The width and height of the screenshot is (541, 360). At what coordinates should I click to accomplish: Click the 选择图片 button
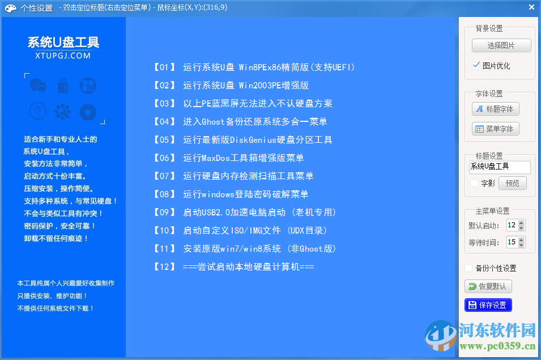tap(501, 45)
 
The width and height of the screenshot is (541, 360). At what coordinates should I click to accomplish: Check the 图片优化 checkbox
tap(476, 65)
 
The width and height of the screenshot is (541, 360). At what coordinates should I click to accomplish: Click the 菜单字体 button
tap(495, 129)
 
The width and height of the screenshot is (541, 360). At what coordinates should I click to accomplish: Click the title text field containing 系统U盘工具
tap(500, 167)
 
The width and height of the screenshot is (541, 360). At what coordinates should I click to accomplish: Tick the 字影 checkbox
tap(475, 183)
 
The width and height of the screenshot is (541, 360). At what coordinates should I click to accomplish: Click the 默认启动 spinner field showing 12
tap(512, 225)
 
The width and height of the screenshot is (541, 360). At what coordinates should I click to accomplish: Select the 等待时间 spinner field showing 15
tap(512, 242)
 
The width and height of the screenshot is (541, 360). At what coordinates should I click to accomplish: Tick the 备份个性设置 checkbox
tap(468, 268)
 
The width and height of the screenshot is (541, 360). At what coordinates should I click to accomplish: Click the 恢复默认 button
tap(488, 286)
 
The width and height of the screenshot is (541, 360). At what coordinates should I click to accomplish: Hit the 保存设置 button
tap(488, 305)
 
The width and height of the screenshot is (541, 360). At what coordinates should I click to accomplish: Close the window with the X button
tap(531, 7)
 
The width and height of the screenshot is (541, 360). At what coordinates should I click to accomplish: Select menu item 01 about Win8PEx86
tap(254, 67)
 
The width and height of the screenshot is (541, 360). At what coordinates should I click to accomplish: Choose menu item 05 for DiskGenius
tap(242, 139)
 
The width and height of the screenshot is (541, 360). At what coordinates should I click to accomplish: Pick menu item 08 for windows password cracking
tap(231, 194)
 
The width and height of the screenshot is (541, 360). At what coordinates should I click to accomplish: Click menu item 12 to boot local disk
tap(233, 266)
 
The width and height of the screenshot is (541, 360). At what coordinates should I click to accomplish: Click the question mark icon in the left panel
tap(38, 111)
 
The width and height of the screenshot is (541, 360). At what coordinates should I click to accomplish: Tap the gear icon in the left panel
tap(63, 111)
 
